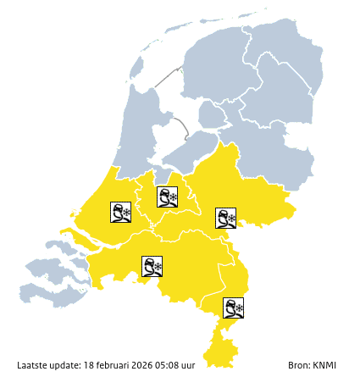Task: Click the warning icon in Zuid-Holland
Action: point(120,212)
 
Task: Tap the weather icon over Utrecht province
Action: point(168,197)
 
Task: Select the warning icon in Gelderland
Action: point(225,218)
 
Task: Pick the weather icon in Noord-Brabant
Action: point(152,267)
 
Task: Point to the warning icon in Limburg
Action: point(234,308)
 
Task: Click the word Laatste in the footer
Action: point(33,365)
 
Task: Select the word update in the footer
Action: point(66,365)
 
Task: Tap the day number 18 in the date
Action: point(88,365)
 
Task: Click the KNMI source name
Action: point(326,365)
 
